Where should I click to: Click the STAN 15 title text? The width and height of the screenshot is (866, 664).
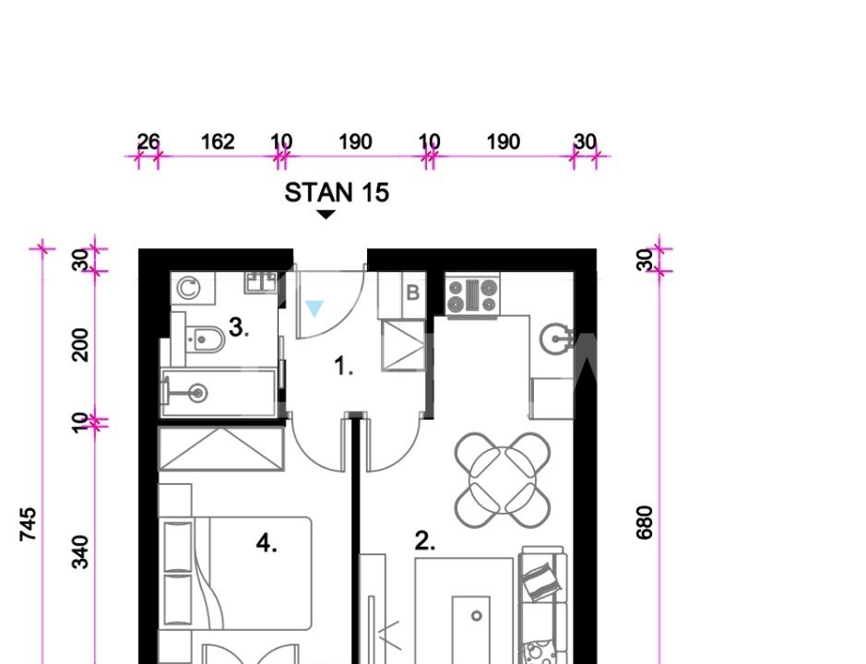click(x=337, y=193)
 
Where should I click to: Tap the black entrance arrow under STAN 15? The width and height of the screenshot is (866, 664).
click(x=326, y=214)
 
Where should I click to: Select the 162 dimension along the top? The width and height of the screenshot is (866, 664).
click(x=218, y=142)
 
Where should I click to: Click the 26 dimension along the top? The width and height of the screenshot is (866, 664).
click(x=148, y=142)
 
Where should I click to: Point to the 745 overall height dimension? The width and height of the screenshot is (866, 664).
click(x=28, y=524)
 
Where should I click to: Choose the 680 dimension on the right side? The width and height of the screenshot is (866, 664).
click(x=645, y=523)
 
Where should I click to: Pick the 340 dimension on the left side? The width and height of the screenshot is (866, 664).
click(x=80, y=551)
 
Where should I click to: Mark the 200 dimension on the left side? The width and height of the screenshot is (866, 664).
click(x=80, y=345)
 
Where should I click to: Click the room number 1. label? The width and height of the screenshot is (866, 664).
click(x=343, y=366)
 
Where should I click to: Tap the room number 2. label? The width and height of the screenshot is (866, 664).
click(x=425, y=541)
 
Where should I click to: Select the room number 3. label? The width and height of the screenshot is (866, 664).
click(x=239, y=327)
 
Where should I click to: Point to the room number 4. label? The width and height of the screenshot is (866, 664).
click(x=267, y=543)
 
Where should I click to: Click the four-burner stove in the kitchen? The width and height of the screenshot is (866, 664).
click(x=472, y=297)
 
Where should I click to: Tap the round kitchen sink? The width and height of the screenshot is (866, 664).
click(x=555, y=338)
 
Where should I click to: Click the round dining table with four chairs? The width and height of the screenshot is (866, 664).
click(x=503, y=480)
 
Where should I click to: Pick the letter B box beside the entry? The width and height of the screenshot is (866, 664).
click(x=412, y=292)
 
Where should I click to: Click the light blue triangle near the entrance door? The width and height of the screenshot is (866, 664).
click(x=314, y=308)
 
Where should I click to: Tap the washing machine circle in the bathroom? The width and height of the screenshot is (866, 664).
click(x=189, y=289)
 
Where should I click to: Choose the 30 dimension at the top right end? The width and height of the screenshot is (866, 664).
click(x=586, y=142)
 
